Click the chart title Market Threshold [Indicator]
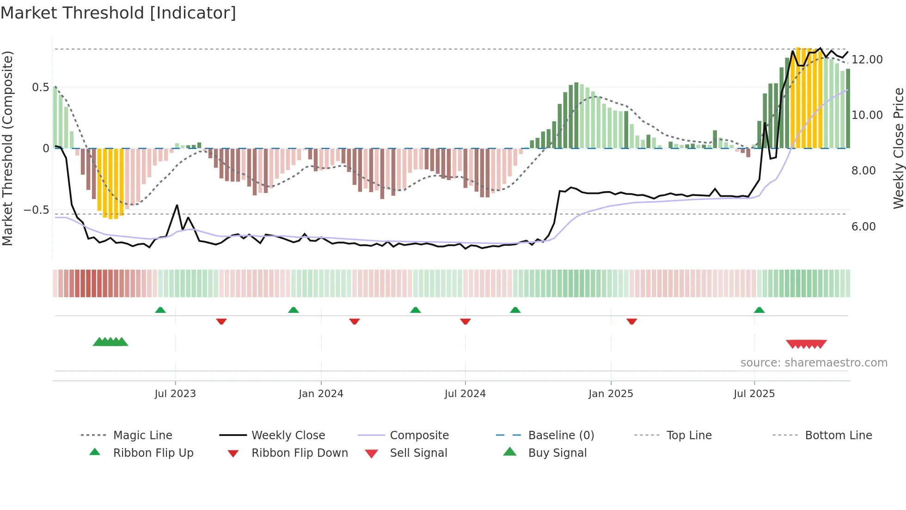pos(118,13)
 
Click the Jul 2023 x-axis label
pos(175,394)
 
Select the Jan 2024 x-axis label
pos(321,394)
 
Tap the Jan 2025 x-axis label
pos(611,394)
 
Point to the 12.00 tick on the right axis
pos(867,60)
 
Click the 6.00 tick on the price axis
pos(863,227)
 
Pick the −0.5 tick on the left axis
pos(36,210)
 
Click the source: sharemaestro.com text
pos(814,363)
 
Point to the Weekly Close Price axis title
pos(898,148)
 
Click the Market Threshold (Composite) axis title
pos(7,148)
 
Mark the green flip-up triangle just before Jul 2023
pos(160,310)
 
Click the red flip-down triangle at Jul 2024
pos(465,321)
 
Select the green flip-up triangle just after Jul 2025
pos(759,310)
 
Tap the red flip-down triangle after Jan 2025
pos(631,321)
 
